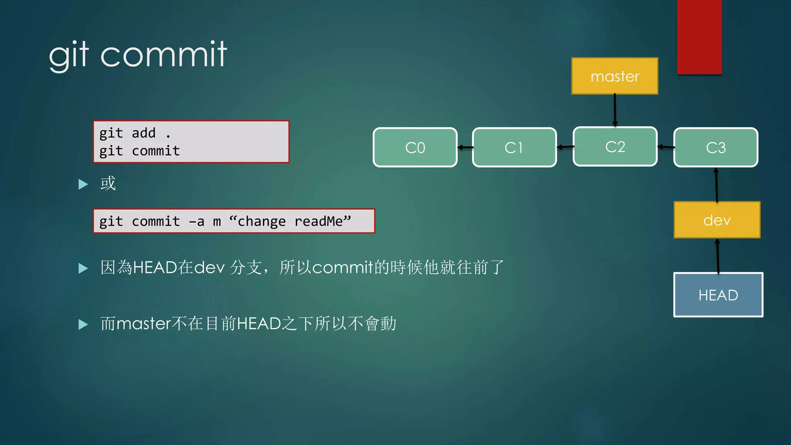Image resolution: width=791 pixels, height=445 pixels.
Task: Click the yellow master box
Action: click(x=614, y=76)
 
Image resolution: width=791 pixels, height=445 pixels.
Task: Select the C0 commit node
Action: click(x=415, y=147)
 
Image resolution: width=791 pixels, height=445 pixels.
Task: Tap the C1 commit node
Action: click(x=514, y=147)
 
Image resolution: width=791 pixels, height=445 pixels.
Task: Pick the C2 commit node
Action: click(x=615, y=146)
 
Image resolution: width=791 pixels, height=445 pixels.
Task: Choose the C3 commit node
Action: click(x=716, y=147)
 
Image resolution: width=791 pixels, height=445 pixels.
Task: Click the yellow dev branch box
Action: click(x=717, y=220)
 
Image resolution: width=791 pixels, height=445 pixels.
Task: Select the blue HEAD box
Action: click(x=718, y=295)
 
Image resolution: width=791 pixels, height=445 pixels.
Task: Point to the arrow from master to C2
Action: click(x=615, y=110)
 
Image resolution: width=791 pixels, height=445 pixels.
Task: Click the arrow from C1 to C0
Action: click(x=465, y=147)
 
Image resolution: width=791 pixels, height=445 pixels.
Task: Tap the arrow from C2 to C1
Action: click(x=565, y=147)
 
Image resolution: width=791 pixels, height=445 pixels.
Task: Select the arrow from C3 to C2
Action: click(x=665, y=147)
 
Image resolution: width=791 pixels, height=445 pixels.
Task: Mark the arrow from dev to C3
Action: click(x=716, y=185)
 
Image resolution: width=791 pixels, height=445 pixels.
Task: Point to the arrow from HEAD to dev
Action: click(x=718, y=256)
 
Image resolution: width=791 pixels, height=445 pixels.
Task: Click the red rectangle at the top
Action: click(x=699, y=37)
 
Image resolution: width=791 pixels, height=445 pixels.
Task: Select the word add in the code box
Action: click(x=144, y=133)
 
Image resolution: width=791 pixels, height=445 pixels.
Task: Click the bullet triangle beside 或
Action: click(x=83, y=184)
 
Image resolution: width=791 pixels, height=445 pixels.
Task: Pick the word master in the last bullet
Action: click(x=143, y=324)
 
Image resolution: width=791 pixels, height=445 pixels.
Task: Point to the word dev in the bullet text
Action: click(x=209, y=267)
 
